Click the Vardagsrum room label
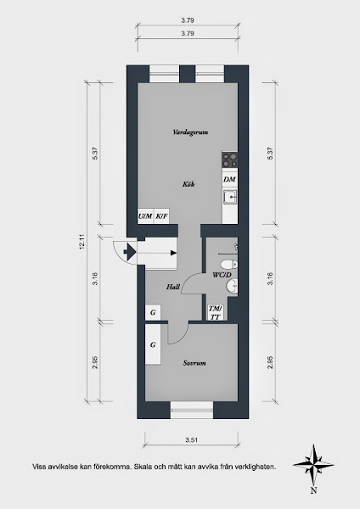pos(190,132)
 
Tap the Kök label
pos(188,184)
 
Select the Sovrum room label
pos(194,363)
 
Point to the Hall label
pos(173,287)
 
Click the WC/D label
pos(222,275)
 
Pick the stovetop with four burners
pos(230,159)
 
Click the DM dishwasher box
pos(229,179)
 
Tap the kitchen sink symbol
pos(230,197)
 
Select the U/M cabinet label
pos(145,215)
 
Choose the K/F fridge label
pos(161,215)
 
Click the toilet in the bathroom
pos(229,264)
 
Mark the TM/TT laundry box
pos(215,312)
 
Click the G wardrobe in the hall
pos(153,312)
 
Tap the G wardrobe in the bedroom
pos(153,344)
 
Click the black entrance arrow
pos(130,252)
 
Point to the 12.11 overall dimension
pos(82,242)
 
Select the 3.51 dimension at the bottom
pos(192,440)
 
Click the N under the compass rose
pos(313,490)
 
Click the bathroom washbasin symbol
pos(232,287)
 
